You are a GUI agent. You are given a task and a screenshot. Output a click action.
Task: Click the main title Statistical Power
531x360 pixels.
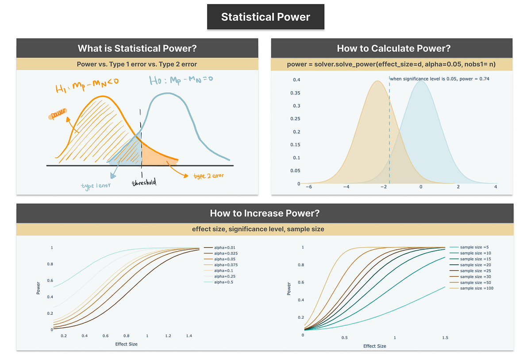265,17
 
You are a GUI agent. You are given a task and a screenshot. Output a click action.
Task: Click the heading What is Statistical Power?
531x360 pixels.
137,48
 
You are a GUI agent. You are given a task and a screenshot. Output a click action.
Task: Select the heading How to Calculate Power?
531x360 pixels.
393,48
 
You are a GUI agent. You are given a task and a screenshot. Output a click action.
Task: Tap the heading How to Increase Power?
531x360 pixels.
265,213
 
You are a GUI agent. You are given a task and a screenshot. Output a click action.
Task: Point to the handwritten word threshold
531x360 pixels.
144,182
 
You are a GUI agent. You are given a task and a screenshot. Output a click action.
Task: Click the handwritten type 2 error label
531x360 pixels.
209,176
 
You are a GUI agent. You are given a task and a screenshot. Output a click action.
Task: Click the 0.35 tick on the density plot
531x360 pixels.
294,93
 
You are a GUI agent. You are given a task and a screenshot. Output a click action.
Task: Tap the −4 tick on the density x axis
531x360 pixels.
346,187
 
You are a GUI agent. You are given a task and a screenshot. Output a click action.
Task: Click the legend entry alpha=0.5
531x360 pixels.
224,282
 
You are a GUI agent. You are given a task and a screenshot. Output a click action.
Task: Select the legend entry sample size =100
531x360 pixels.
477,288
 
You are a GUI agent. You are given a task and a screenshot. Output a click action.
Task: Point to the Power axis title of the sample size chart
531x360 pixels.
289,289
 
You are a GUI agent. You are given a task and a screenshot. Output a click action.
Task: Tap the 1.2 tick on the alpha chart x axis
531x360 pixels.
168,336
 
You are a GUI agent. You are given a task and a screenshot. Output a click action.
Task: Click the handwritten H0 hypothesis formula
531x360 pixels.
175,82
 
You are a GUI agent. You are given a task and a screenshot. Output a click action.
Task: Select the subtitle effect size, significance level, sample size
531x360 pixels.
265,229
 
